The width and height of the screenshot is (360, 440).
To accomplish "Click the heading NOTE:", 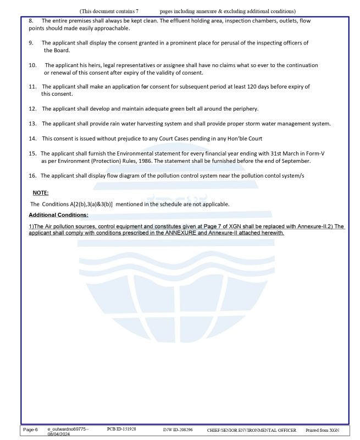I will (40, 193).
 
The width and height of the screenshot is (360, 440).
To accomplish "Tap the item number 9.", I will (31, 43).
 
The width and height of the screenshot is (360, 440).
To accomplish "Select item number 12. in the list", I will (32, 108).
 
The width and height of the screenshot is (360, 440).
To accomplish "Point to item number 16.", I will (32, 175).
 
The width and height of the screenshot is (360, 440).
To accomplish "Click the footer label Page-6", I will (30, 429).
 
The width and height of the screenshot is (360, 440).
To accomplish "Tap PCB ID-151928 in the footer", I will (121, 428).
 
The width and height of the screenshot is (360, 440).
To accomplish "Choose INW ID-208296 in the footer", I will (178, 429).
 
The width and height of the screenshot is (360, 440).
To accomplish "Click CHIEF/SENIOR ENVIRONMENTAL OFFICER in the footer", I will (251, 430).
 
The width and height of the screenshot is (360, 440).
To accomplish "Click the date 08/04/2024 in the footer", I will (59, 434).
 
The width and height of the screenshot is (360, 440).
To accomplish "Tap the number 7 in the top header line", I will (137, 11).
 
